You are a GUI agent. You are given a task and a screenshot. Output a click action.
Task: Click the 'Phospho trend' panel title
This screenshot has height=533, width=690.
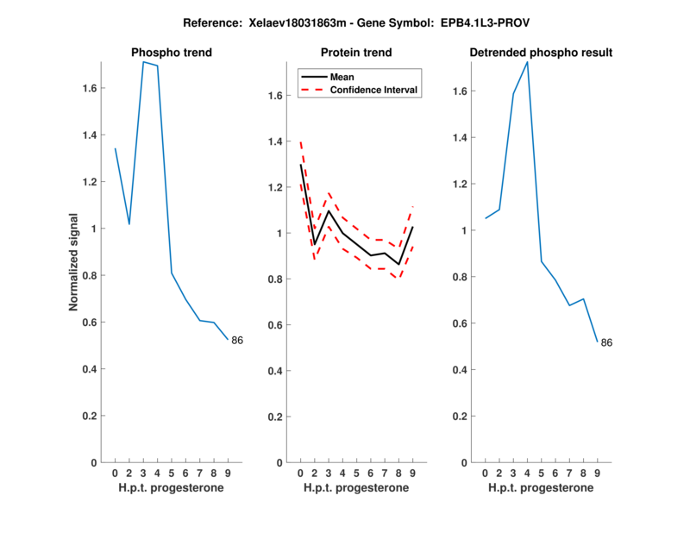click(171, 53)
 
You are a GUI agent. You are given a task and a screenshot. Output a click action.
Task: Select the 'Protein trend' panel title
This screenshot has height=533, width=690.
click(356, 53)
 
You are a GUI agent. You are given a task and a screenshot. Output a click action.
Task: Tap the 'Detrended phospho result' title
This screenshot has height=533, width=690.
click(541, 53)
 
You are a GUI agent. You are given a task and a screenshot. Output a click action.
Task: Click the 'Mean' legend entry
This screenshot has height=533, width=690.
click(342, 77)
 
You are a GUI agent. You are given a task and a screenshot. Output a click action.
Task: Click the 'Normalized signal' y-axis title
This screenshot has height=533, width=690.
click(74, 262)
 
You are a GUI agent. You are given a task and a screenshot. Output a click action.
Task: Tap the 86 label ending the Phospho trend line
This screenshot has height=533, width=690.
click(237, 341)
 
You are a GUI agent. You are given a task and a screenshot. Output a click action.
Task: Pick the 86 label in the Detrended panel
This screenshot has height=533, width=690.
click(606, 343)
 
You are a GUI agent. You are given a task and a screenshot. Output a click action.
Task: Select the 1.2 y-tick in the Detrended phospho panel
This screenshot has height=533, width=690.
click(458, 184)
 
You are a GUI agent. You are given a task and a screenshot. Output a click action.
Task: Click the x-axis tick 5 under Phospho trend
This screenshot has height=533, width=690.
click(172, 473)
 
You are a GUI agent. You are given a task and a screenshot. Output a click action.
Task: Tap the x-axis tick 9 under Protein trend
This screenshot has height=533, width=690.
click(413, 473)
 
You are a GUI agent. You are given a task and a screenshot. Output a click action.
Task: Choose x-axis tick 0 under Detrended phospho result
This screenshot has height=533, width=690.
click(486, 473)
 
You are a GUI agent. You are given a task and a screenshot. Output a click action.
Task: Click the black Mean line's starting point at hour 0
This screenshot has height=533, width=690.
click(300, 164)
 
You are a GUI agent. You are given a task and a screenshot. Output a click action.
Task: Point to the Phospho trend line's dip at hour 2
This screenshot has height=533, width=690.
click(129, 224)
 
